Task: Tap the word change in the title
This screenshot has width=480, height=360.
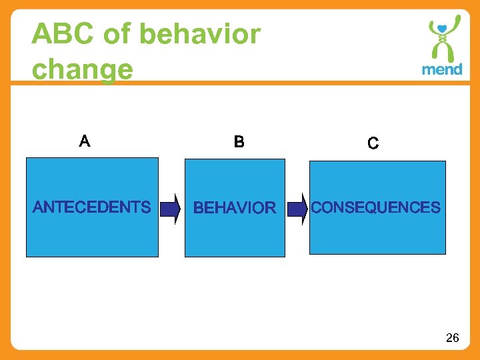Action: coord(82,69)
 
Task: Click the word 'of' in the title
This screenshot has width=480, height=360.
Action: coord(118,35)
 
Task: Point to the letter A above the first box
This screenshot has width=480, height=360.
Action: coord(85,141)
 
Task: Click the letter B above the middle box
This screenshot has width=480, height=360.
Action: coord(239,142)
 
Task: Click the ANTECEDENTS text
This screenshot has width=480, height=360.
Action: coord(92,207)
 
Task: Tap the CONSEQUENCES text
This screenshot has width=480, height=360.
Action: coord(376,208)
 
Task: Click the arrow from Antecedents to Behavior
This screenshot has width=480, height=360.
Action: coord(171,209)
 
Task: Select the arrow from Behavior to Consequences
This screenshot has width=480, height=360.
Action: coord(297,209)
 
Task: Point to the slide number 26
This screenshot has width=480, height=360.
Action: coord(452,339)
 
